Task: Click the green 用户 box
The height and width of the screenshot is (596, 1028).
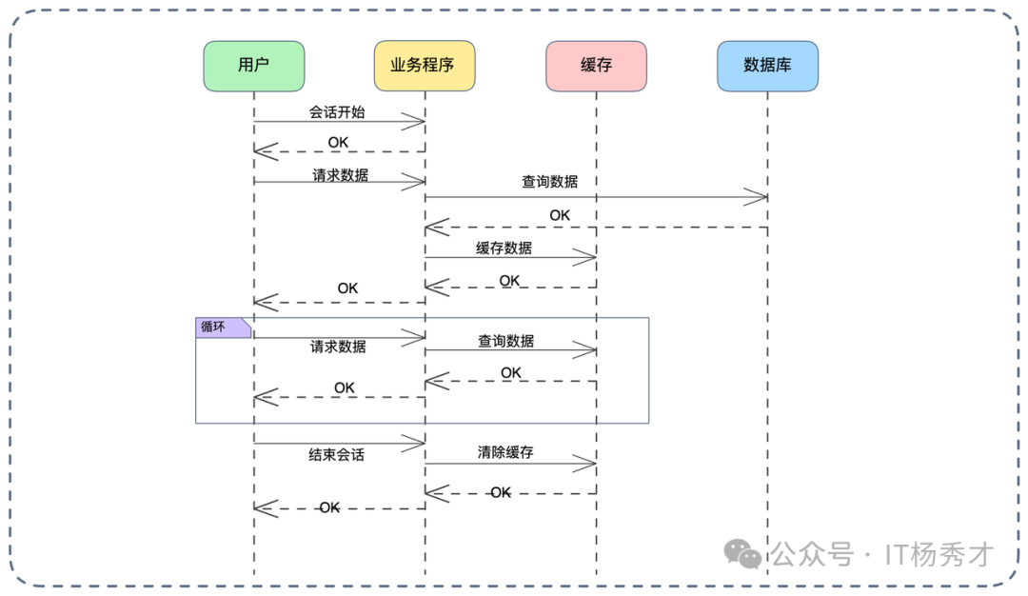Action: tap(253, 66)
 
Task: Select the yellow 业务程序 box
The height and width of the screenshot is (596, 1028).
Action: tap(425, 66)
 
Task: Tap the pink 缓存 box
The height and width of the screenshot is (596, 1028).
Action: tap(596, 66)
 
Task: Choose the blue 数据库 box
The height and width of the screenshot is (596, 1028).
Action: tap(767, 66)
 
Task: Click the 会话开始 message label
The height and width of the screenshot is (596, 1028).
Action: tap(337, 111)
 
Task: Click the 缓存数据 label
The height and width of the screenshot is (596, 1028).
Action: tap(504, 248)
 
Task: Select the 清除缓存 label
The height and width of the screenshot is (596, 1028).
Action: tap(505, 452)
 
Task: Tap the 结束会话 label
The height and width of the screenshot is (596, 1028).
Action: tap(336, 454)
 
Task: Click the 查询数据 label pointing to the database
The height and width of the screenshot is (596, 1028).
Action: tap(549, 181)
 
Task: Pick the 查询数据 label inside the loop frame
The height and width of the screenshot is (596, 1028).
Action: tap(505, 341)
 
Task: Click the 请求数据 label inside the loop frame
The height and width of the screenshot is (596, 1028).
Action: tap(338, 347)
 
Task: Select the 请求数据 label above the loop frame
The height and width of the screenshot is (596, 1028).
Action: tap(340, 175)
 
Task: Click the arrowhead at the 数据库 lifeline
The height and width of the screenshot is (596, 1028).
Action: tap(758, 197)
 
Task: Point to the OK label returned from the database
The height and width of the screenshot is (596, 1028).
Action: tap(560, 216)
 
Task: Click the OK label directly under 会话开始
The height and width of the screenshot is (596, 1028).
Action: tap(338, 142)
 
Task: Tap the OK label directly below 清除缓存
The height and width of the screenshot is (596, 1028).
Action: tap(500, 492)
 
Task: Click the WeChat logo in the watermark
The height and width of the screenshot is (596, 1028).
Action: tap(742, 553)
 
